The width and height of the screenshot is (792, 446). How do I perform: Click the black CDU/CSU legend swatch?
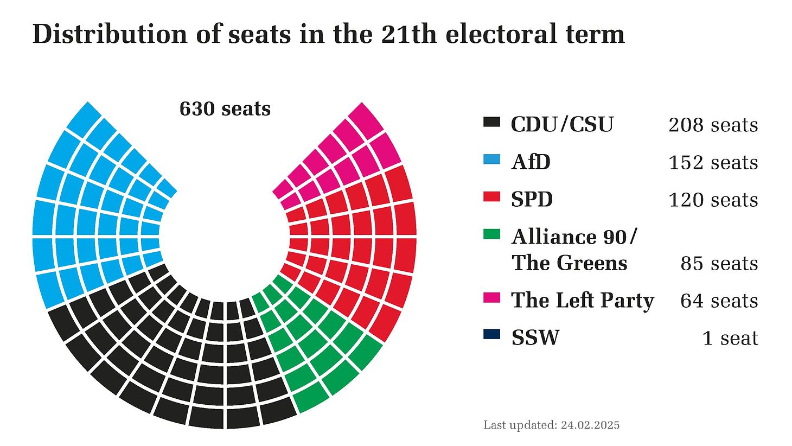(x=491, y=122)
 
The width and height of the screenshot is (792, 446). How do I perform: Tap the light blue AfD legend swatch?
(x=491, y=160)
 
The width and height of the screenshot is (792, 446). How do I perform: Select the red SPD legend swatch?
(x=491, y=197)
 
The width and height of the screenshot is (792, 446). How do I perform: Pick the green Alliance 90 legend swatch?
(x=491, y=234)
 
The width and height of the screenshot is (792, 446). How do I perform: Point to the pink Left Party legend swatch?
(x=491, y=297)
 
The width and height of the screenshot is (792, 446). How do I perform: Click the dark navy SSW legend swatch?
(x=491, y=335)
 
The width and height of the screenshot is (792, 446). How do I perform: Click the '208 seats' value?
(x=713, y=125)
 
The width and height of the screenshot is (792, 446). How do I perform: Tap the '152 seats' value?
(x=713, y=163)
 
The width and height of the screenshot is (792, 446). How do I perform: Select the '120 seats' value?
(x=713, y=200)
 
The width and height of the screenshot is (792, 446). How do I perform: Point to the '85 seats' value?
(x=719, y=264)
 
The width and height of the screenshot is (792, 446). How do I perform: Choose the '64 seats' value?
(x=719, y=301)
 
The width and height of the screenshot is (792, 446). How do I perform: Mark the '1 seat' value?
(x=730, y=338)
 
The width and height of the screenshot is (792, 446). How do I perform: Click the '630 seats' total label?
(x=225, y=109)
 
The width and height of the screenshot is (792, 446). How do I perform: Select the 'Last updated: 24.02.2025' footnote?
(x=551, y=425)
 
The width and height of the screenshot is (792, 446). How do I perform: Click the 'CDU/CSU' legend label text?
(x=562, y=125)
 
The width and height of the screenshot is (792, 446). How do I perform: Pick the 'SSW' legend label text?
(x=535, y=338)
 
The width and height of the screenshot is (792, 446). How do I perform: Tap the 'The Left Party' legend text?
(x=582, y=301)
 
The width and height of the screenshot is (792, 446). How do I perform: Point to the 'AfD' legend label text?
(x=531, y=162)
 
